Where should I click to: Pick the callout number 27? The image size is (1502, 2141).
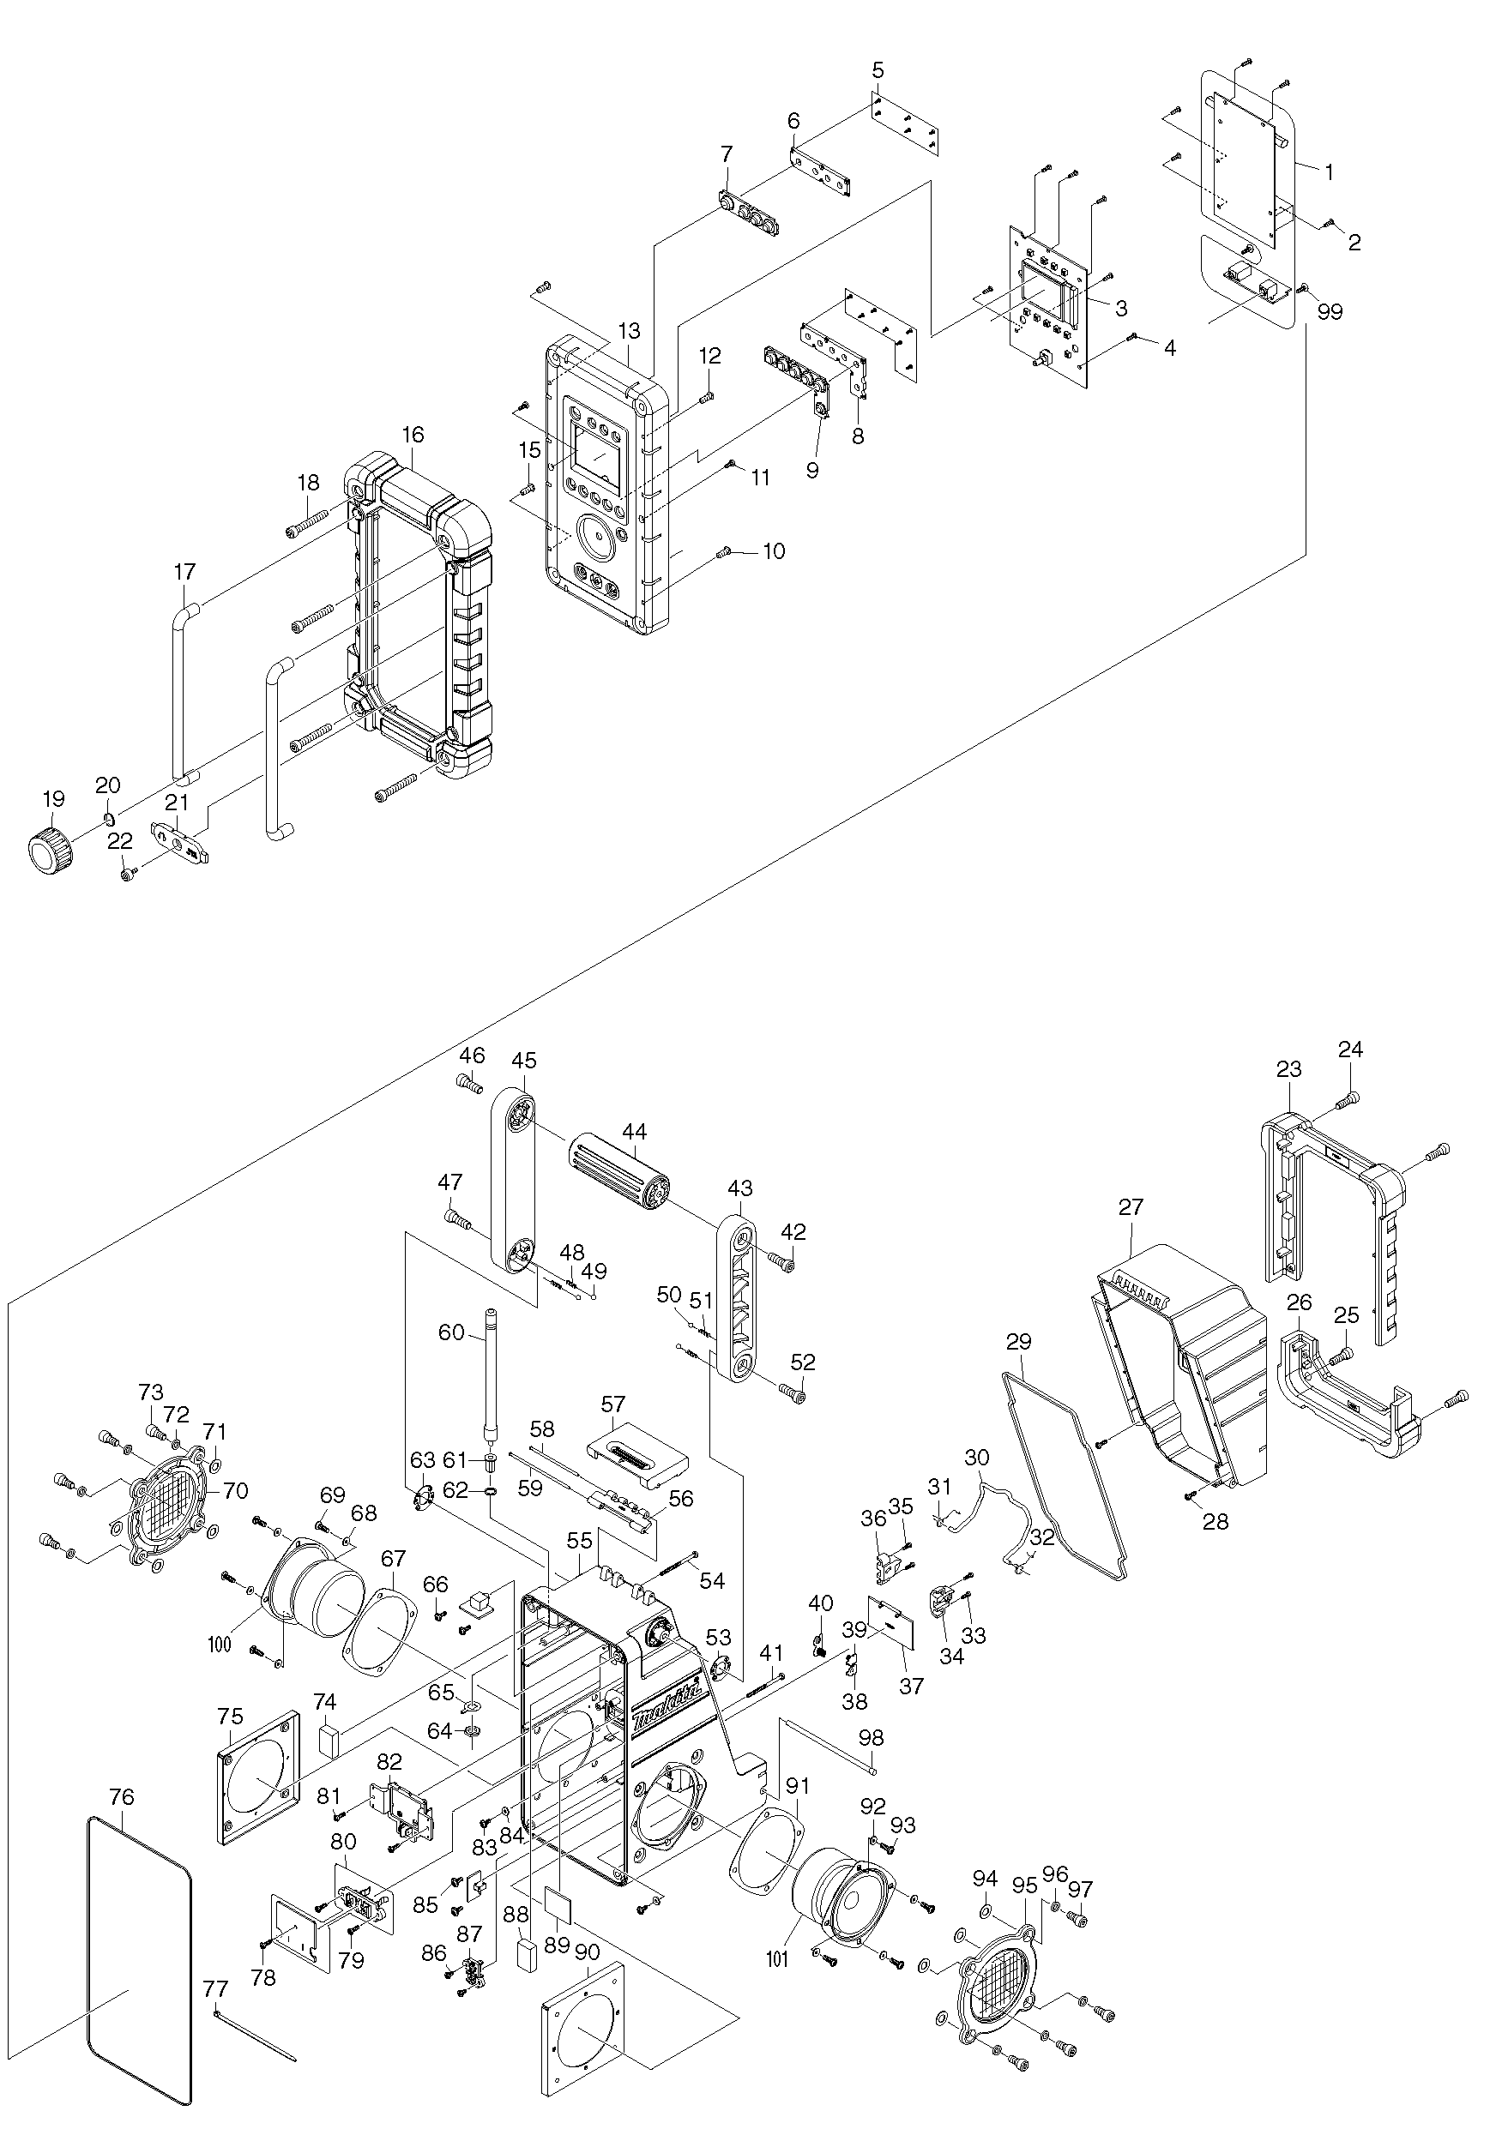[1131, 1206]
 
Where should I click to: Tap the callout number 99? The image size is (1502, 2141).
[1330, 311]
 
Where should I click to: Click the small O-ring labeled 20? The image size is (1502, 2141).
[108, 819]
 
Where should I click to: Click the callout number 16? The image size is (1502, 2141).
[413, 435]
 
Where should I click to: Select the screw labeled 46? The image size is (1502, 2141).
[469, 1085]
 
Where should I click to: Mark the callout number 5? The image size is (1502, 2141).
[878, 71]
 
